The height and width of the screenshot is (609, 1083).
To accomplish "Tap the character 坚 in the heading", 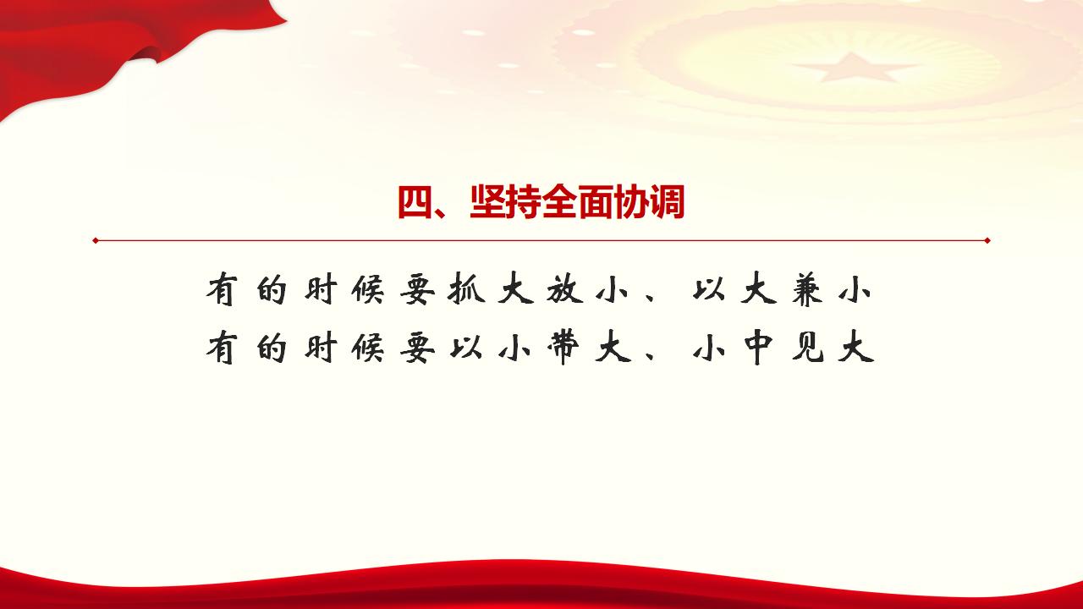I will tap(487, 203).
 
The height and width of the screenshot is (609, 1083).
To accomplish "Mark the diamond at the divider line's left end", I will tap(96, 240).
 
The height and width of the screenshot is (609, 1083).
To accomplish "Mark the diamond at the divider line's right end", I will tap(987, 240).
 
